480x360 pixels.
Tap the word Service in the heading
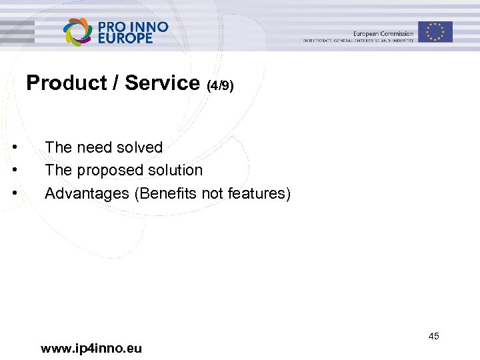[162, 83]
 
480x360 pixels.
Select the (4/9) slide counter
[220, 86]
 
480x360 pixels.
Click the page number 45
[433, 336]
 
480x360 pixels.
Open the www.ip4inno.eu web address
[91, 348]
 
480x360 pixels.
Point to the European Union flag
[435, 31]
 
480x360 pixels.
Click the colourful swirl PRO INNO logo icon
[78, 31]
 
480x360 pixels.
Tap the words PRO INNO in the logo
[133, 26]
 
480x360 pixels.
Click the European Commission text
[383, 33]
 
